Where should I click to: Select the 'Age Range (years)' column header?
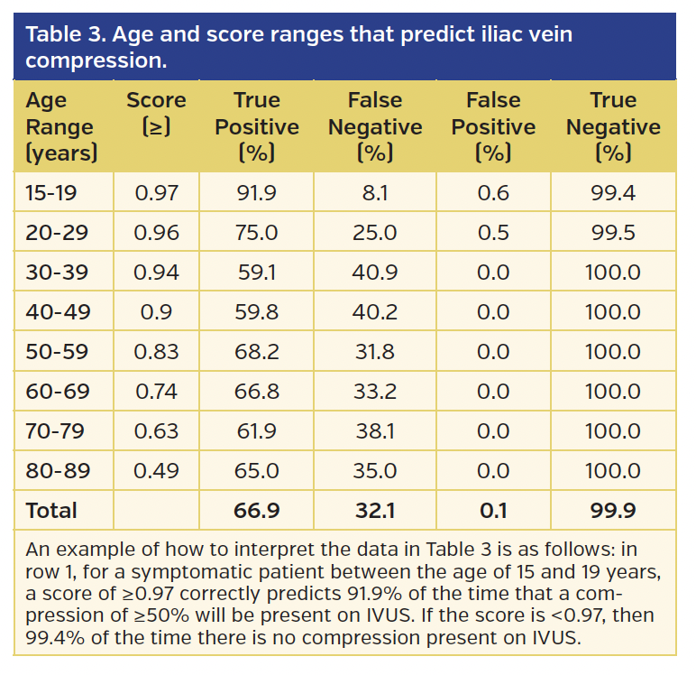61,126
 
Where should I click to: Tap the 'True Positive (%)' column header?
257,126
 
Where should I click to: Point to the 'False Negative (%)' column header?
375,126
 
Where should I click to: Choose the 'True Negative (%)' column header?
613,126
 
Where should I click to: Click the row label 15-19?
51,192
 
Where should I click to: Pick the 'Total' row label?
51,511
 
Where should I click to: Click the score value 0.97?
156,192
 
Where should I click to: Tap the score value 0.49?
156,471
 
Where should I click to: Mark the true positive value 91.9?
256,192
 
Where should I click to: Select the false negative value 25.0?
375,233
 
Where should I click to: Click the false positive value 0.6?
493,192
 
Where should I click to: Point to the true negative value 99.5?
613,233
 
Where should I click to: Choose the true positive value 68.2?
256,352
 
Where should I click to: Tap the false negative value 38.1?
375,431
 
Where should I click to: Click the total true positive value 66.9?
256,511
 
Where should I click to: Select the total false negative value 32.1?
375,511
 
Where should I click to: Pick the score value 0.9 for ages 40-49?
156,312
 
